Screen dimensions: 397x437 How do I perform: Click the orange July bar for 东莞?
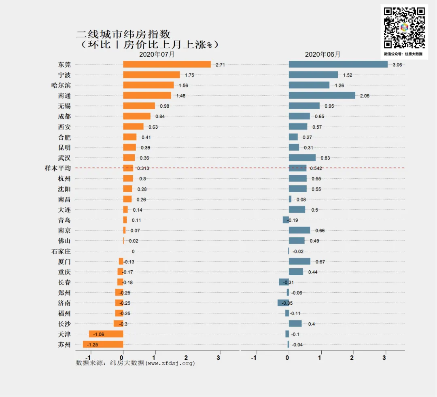(167, 64)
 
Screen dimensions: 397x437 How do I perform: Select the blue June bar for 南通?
(322, 96)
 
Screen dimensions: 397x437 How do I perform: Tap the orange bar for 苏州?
(103, 344)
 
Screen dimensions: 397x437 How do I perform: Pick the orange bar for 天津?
(106, 334)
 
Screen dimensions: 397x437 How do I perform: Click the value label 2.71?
(220, 65)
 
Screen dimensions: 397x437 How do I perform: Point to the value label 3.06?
(397, 65)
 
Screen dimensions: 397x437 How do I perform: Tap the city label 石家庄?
(61, 251)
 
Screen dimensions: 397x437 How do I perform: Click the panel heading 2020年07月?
(157, 54)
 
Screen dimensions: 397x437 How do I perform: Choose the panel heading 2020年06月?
(322, 54)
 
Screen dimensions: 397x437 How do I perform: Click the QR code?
(404, 28)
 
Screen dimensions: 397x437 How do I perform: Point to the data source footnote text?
(136, 363)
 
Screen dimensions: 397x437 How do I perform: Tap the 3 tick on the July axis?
(219, 358)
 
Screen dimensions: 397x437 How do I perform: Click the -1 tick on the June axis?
(254, 358)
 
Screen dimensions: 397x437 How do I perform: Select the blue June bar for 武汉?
(302, 158)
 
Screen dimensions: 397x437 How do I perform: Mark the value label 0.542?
(316, 168)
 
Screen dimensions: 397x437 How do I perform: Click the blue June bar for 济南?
(283, 303)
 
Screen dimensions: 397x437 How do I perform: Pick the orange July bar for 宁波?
(151, 75)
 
